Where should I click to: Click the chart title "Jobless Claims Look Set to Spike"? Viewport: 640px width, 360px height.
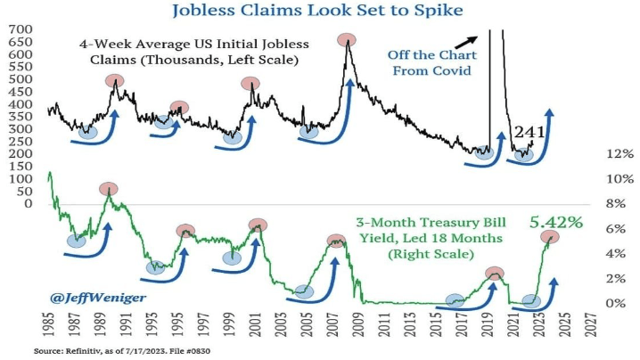pos(319,12)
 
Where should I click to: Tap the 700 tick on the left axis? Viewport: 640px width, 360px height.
pos(21,29)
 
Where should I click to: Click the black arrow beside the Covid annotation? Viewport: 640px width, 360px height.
pos(465,39)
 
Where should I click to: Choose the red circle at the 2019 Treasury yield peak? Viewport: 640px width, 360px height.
pos(495,274)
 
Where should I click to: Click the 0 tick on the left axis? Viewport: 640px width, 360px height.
pos(31,204)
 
